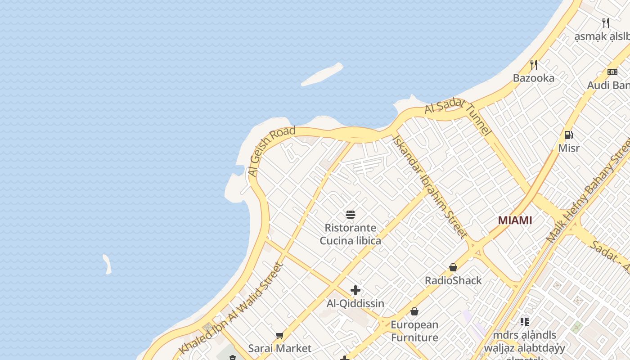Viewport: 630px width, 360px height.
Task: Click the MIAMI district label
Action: coord(515,220)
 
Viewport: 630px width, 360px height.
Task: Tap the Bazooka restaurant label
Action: coord(534,78)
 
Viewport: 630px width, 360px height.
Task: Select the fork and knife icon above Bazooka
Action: coord(534,64)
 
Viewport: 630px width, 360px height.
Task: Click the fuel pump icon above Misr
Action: coord(568,135)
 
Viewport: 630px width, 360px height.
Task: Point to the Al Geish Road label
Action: coord(271,151)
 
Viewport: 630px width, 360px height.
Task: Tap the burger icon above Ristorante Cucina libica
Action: coord(351,215)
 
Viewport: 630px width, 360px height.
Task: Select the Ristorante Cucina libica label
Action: coord(351,234)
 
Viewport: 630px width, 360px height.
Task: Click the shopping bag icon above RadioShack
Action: coord(453,267)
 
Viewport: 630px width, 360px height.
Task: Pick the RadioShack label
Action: coord(453,280)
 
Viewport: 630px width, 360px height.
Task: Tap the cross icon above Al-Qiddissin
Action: coord(355,290)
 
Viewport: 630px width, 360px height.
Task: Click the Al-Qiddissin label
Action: coord(355,303)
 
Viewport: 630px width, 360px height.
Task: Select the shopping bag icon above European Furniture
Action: coord(414,311)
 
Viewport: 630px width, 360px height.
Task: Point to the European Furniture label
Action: coord(414,331)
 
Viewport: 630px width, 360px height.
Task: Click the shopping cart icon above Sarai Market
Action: coord(279,335)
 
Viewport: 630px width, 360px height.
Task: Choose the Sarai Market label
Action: coord(279,348)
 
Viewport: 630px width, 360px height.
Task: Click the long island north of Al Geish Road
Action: coord(322,74)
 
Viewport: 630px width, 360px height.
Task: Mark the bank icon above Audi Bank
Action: coord(612,72)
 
